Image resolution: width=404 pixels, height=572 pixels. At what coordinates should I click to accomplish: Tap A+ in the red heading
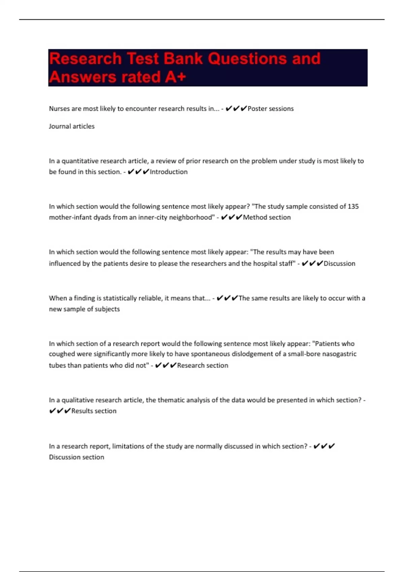(175, 77)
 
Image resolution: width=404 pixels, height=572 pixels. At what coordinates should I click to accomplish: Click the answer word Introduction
(169, 172)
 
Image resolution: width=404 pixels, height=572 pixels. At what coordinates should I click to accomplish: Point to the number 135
(353, 207)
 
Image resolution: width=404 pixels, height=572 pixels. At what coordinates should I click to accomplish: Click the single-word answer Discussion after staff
(339, 263)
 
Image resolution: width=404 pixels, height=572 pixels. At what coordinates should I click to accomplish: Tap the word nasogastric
(340, 354)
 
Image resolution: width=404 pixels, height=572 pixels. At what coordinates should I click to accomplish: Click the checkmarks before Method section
(232, 217)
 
